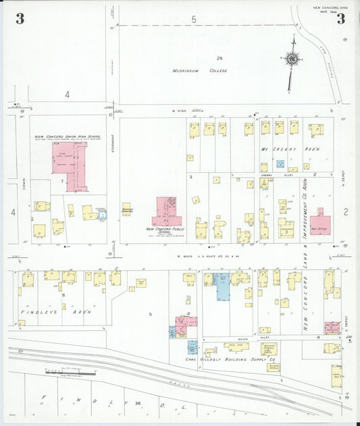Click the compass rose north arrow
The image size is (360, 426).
292,59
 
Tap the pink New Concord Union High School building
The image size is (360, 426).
70,162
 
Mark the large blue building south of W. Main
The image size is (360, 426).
222,287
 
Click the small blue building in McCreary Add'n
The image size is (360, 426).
280,164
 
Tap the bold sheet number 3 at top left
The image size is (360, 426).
20,19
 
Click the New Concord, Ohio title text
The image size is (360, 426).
329,7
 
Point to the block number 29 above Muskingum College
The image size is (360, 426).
220,58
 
